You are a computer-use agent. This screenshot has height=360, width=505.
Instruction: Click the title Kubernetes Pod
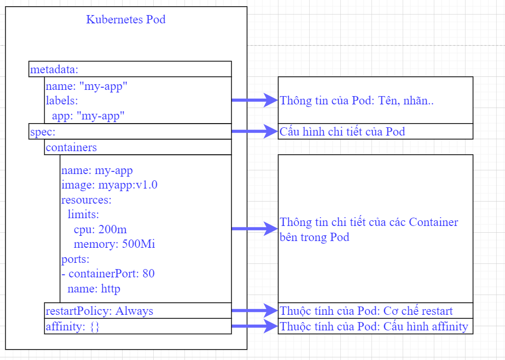[126, 20]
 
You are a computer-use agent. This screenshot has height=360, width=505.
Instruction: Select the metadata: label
[54, 69]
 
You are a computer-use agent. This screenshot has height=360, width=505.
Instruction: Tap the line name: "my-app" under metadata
[87, 86]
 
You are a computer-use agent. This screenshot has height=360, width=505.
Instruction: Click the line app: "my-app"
[88, 115]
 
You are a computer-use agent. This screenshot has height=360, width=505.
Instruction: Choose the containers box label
[71, 148]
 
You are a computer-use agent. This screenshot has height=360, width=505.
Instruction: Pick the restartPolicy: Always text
[99, 311]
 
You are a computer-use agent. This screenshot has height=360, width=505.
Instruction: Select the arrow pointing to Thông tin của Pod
[255, 100]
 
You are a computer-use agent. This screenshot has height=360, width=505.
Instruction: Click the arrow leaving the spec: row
[255, 131]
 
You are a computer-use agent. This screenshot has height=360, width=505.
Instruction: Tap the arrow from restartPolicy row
[255, 311]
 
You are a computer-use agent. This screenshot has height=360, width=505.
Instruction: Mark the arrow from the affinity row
[255, 326]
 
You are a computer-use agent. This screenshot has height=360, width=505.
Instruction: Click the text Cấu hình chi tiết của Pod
[342, 132]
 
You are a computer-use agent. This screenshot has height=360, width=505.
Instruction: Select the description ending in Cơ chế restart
[366, 311]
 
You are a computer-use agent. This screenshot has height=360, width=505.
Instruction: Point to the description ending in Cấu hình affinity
[374, 327]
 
